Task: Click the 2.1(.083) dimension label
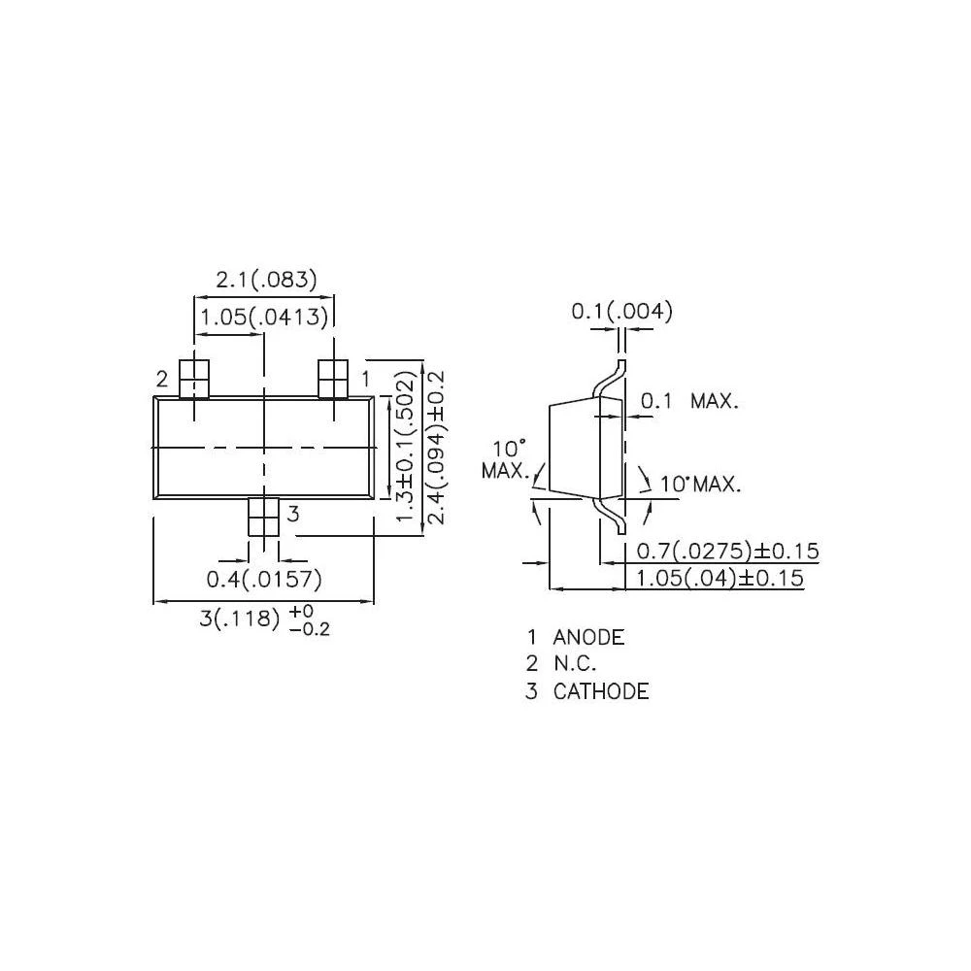point(266,281)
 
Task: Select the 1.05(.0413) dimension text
point(264,317)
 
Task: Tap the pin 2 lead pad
point(195,378)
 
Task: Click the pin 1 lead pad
point(334,378)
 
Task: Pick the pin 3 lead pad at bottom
point(264,517)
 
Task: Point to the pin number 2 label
point(162,378)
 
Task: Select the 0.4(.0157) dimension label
point(264,580)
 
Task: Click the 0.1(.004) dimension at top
point(621,312)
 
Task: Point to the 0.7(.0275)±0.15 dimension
point(727,552)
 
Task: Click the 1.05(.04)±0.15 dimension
point(720,579)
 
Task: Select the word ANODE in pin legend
point(588,638)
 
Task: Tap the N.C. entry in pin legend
point(575,664)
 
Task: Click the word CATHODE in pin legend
point(601,691)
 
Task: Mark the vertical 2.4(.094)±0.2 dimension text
point(435,446)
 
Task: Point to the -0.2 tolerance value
point(310,629)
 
